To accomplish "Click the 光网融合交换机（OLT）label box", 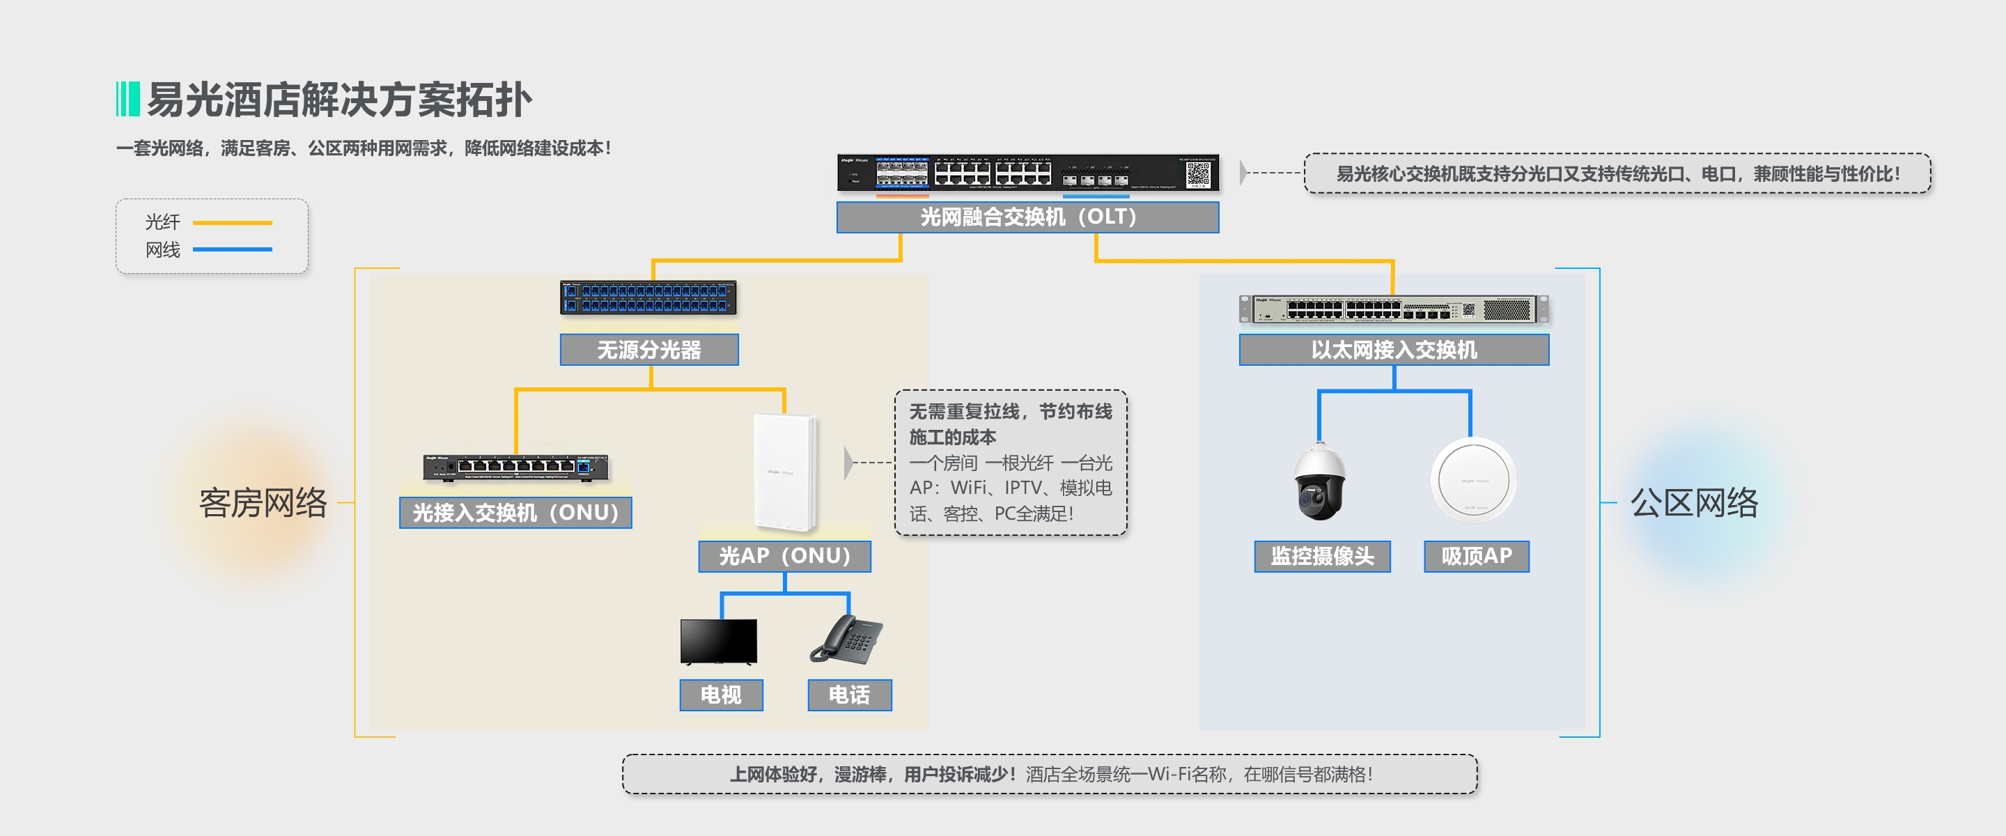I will [x=1027, y=217].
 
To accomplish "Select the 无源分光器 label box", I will [x=648, y=350].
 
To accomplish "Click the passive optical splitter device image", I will [x=648, y=298].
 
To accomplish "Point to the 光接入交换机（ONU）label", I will [x=515, y=513].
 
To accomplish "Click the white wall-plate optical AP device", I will [x=785, y=472].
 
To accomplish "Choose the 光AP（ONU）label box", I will [x=784, y=557].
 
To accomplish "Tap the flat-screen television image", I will [x=718, y=641].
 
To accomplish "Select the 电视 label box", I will [x=720, y=694].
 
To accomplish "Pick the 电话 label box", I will [x=849, y=694].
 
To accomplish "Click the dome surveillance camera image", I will [x=1319, y=481].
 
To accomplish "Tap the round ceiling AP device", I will [x=1473, y=480].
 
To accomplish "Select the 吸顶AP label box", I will [x=1476, y=557].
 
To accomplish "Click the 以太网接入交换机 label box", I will [x=1393, y=350].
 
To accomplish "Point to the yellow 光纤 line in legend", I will [x=232, y=223].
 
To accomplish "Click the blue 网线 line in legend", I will [x=232, y=249].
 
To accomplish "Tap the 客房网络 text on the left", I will [x=263, y=502].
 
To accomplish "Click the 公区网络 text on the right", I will [x=1694, y=502].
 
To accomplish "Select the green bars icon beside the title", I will [x=127, y=99].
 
